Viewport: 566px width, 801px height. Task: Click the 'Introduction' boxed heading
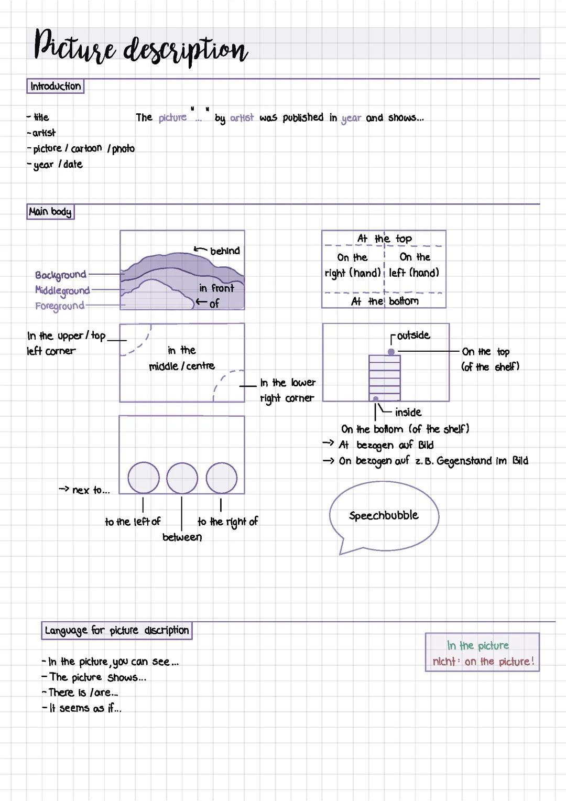55,86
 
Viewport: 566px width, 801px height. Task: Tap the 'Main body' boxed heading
50,212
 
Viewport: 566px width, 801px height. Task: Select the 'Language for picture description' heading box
116,630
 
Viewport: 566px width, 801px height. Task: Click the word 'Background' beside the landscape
60,275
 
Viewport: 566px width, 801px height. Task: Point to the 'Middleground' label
62,290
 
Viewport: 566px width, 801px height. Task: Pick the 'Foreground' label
59,306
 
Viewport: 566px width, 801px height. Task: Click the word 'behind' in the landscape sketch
225,251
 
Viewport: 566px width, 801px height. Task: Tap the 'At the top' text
385,239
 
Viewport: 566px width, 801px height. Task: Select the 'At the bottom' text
385,301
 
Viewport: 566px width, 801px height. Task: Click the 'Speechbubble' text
384,515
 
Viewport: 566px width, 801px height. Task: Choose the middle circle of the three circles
182,478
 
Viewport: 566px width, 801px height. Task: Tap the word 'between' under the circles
182,537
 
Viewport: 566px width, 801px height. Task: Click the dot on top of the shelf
391,352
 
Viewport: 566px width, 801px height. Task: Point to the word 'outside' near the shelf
413,335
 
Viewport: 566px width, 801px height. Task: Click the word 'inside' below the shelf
408,413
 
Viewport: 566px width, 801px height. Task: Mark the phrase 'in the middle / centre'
182,358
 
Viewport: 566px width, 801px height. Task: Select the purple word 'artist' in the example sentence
242,118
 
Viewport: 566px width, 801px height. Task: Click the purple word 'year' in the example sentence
351,118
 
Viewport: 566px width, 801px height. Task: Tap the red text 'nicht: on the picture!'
483,662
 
